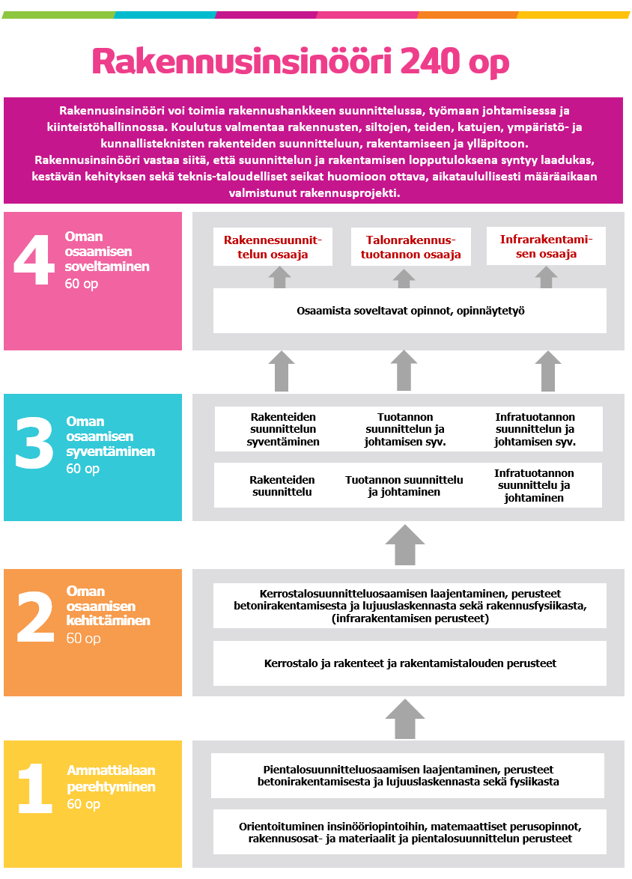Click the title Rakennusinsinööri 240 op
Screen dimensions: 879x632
coord(300,62)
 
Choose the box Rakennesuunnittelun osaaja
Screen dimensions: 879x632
coord(267,247)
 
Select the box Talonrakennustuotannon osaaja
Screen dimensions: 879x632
coord(410,247)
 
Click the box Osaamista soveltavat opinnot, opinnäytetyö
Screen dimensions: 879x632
coord(410,310)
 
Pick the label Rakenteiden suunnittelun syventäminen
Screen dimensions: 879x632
coord(283,429)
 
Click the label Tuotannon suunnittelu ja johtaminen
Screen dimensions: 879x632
coord(404,486)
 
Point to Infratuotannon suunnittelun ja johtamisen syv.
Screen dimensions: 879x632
coord(535,429)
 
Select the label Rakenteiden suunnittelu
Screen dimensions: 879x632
coord(282,486)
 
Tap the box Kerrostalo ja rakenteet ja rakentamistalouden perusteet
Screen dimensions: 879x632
coord(410,663)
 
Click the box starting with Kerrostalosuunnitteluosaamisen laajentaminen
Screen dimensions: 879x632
coord(410,606)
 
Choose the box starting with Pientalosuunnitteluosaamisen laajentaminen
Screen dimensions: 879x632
coord(408,776)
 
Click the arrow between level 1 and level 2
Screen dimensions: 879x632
coord(405,719)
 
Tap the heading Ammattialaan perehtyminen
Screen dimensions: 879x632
coord(112,779)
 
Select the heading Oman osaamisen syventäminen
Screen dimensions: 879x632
coord(110,437)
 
